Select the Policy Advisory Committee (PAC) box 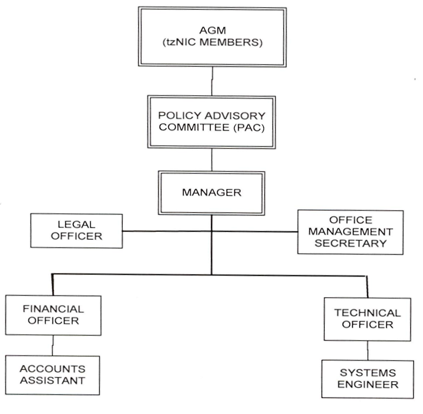(211, 122)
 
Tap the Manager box (211, 192)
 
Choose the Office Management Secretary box (350, 231)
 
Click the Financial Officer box (53, 315)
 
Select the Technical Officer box (368, 319)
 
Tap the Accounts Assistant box (53, 374)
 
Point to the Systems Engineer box (368, 379)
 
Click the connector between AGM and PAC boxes (211, 83)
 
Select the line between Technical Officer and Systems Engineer (368, 351)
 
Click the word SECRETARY (351, 243)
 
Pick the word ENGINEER (368, 385)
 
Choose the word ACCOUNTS (53, 369)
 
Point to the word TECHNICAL (368, 313)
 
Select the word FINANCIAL (53, 309)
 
